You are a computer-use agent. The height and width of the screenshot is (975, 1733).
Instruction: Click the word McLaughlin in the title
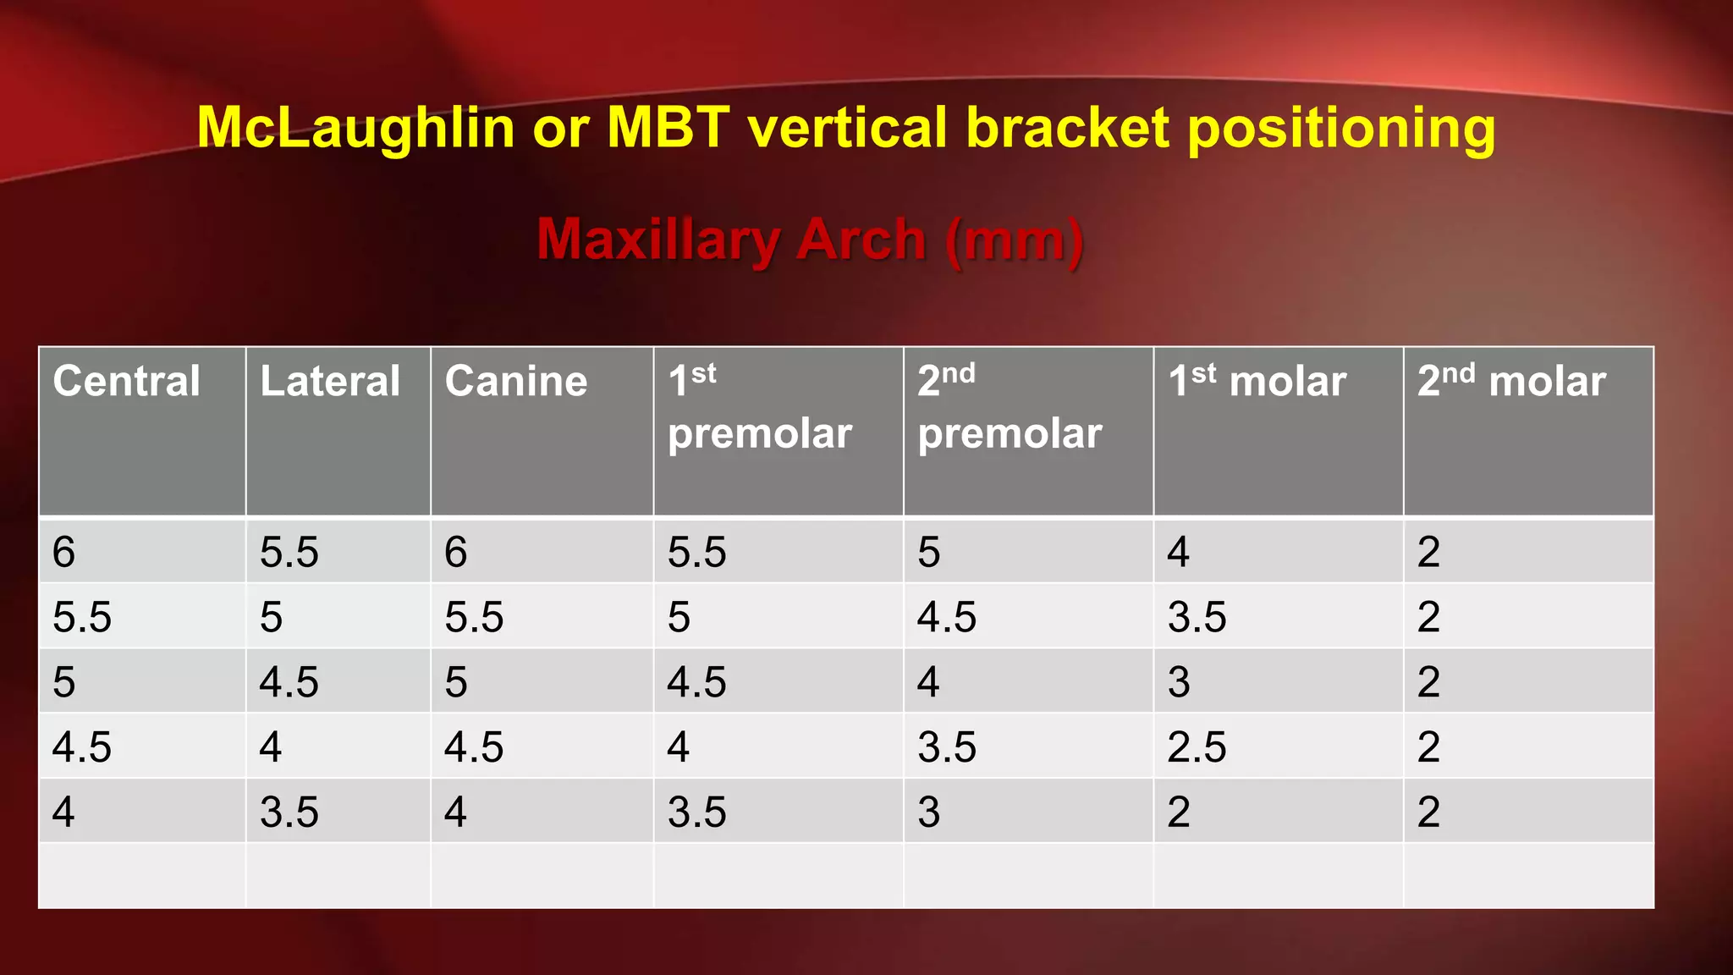pos(355,129)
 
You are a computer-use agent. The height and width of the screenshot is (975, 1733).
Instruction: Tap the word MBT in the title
pos(668,129)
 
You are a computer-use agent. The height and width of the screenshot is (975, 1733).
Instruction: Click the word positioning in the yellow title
pos(1341,130)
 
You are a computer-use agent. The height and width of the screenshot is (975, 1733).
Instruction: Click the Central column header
pos(127,382)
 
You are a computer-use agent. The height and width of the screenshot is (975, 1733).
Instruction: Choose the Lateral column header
pos(330,382)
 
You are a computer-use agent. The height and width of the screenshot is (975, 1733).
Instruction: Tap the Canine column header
pos(516,382)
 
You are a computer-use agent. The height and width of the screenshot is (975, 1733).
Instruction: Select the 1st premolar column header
pos(759,407)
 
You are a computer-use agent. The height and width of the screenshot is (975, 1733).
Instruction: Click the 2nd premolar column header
pos(1010,407)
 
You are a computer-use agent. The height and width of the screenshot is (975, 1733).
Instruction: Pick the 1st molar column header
pos(1257,382)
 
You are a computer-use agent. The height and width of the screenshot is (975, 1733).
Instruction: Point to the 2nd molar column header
pos(1511,382)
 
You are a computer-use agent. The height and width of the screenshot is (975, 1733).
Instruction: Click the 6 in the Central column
pos(64,553)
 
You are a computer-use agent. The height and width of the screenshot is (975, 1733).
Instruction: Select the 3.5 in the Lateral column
pos(289,812)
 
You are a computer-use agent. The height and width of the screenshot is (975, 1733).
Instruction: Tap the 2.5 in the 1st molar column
pos(1197,747)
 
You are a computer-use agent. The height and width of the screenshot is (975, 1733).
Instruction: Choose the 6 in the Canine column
pos(456,553)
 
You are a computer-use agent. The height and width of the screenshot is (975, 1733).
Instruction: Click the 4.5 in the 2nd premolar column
pos(947,617)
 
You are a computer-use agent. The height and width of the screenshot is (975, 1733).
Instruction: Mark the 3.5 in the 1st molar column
pos(1197,617)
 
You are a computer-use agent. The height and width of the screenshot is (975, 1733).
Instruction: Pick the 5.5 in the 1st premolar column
pos(696,553)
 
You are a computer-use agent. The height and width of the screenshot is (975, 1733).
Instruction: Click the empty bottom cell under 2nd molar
pos(1528,875)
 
